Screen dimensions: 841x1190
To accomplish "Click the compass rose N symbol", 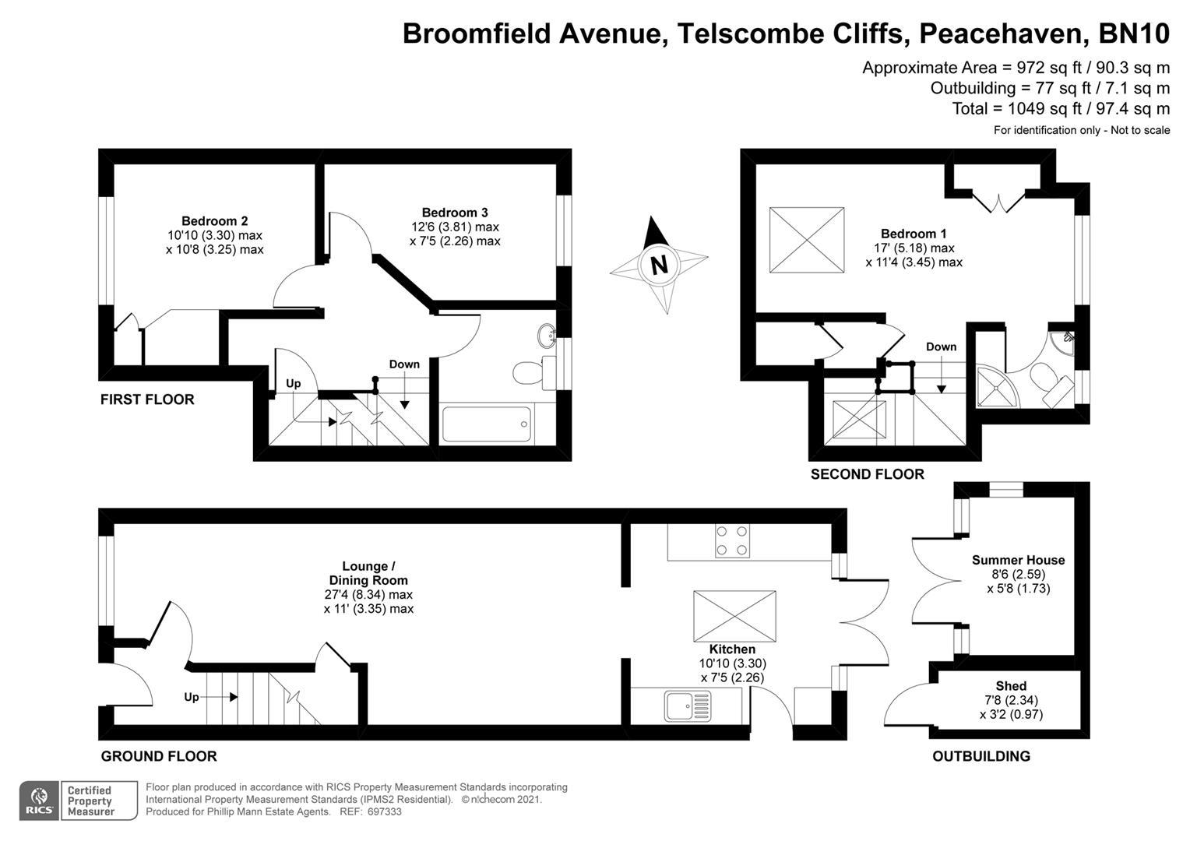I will click(x=659, y=265).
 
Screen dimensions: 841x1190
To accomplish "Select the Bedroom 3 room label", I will click(x=455, y=213).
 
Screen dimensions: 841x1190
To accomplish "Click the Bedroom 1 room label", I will click(x=914, y=234).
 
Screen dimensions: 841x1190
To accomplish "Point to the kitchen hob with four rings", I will click(x=732, y=540).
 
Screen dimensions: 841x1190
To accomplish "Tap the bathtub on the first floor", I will click(x=486, y=424).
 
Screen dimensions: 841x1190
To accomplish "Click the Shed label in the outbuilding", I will click(x=1011, y=686).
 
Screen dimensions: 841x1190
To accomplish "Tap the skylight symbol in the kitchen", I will click(x=734, y=616).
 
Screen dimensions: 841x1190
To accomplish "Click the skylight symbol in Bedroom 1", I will click(x=807, y=240).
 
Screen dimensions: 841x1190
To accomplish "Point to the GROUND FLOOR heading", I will click(x=159, y=756).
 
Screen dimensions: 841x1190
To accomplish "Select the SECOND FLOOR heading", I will click(x=867, y=474).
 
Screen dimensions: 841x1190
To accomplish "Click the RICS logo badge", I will click(x=39, y=800).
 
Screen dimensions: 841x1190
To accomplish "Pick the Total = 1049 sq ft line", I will click(x=1061, y=109).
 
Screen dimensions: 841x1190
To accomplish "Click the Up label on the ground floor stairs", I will click(x=192, y=697).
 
